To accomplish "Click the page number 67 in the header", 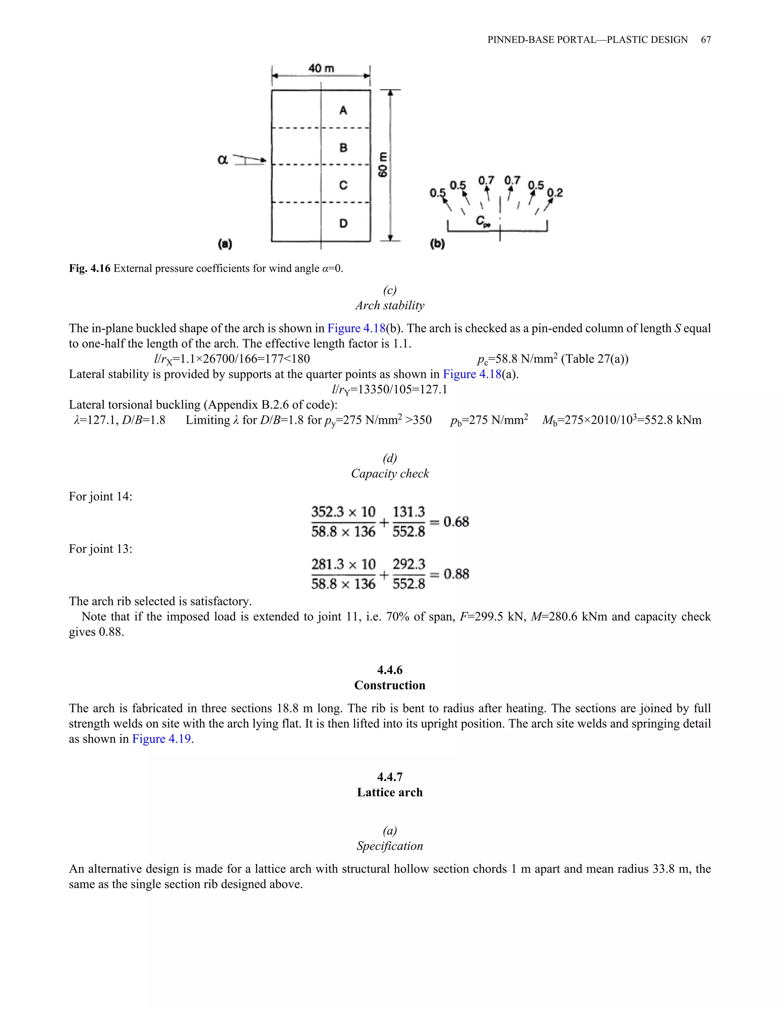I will [706, 40].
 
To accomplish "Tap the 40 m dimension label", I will [321, 69].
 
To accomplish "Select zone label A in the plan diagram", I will [343, 110].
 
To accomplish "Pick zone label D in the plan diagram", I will [343, 224].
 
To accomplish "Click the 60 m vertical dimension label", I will [383, 164].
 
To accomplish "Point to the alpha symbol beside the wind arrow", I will [223, 160].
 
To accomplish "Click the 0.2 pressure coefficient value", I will [555, 193].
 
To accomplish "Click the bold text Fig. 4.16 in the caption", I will [90, 268].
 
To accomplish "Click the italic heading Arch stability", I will [390, 305].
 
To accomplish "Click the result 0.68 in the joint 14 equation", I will [456, 522].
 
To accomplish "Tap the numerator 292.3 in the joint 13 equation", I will [409, 564].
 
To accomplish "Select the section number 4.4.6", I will [390, 670].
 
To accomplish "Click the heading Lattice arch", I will [390, 792].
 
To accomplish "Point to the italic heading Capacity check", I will [390, 474].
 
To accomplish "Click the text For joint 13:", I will [100, 549].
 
